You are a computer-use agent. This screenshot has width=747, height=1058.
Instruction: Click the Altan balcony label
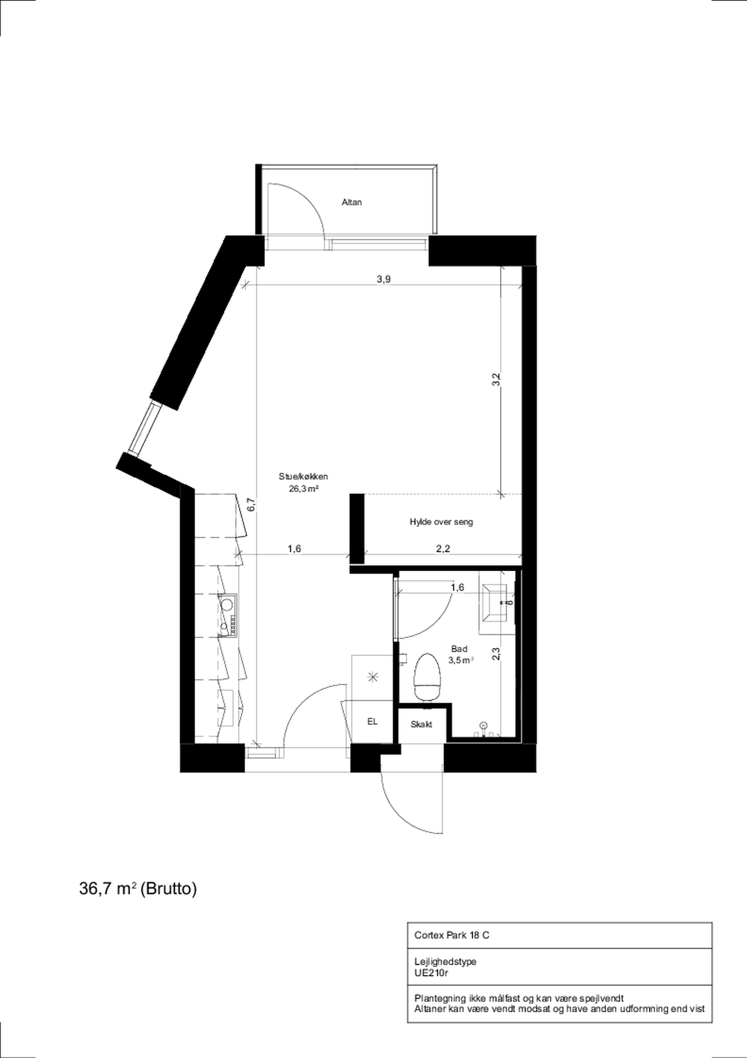tap(351, 202)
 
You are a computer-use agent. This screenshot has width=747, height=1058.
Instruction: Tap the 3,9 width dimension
tap(384, 279)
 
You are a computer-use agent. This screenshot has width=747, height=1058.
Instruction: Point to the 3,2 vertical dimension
tap(495, 380)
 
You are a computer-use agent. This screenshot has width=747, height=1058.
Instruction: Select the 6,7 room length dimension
tap(252, 505)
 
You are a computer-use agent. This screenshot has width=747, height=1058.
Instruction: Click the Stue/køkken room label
tap(303, 476)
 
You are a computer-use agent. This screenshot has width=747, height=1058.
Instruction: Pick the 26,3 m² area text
tap(303, 488)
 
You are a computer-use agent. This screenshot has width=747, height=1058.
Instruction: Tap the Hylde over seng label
tap(441, 522)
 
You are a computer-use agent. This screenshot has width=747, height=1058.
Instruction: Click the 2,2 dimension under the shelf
tap(443, 548)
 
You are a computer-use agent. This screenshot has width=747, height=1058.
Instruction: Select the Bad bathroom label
tap(459, 649)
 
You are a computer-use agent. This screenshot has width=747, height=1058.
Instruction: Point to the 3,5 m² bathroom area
tap(460, 660)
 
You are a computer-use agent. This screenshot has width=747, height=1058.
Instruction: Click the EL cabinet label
tap(372, 722)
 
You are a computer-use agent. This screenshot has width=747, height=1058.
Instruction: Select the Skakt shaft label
tap(421, 724)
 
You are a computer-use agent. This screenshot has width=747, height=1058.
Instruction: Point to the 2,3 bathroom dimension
tap(495, 654)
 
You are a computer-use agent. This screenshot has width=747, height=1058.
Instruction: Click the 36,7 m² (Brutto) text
tap(138, 889)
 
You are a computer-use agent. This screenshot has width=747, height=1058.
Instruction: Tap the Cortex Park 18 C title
tap(451, 935)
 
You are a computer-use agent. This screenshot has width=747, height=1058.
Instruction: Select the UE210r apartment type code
tap(431, 973)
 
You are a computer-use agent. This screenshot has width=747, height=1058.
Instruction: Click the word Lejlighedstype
tap(445, 962)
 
